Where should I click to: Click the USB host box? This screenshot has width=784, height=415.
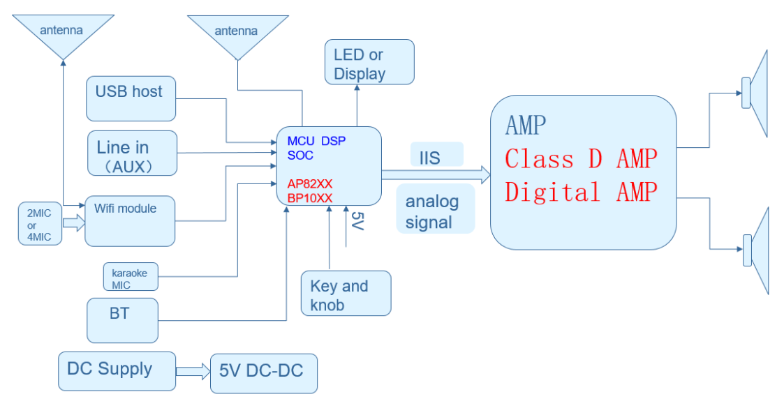point(131,98)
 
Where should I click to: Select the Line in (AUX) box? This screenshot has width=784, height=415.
point(132,153)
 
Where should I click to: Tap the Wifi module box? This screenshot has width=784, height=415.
point(130,220)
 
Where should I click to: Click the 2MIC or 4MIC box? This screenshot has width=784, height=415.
point(39,224)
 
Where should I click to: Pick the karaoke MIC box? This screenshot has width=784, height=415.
point(130,277)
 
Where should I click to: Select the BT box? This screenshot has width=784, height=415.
point(122,320)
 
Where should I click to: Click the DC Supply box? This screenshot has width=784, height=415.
point(116,370)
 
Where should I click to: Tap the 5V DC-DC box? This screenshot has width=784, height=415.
point(264,373)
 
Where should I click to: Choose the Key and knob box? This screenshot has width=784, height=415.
point(346,293)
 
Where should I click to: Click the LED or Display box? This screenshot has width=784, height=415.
point(369,62)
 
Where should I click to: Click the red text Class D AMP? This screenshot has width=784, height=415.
point(581,159)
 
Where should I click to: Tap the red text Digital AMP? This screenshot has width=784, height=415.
point(581,191)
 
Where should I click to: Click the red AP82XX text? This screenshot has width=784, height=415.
point(309,184)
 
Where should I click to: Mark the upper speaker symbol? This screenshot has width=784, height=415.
point(755,93)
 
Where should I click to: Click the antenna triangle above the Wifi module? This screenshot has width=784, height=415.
point(63,35)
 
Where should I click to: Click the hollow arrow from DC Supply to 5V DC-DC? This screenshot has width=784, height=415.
point(193,372)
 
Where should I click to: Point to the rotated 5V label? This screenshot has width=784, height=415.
point(356,221)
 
